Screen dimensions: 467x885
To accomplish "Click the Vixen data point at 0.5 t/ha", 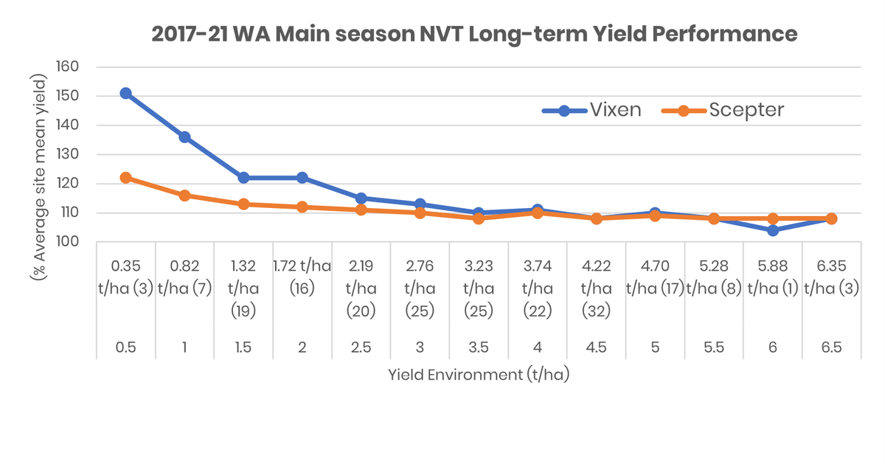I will coord(125,94).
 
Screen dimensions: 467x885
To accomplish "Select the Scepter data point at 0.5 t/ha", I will coord(125,178).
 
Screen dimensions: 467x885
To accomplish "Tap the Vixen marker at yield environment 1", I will coord(184,137).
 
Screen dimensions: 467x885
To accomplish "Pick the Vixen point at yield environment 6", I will coord(773,230).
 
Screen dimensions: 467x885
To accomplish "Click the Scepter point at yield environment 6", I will coord(773,218).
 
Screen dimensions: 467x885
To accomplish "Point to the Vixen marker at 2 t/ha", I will coord(302,178).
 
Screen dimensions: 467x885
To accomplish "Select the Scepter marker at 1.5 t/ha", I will coord(243,204).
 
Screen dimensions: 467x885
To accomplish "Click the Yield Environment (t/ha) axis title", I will coord(479,375).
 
